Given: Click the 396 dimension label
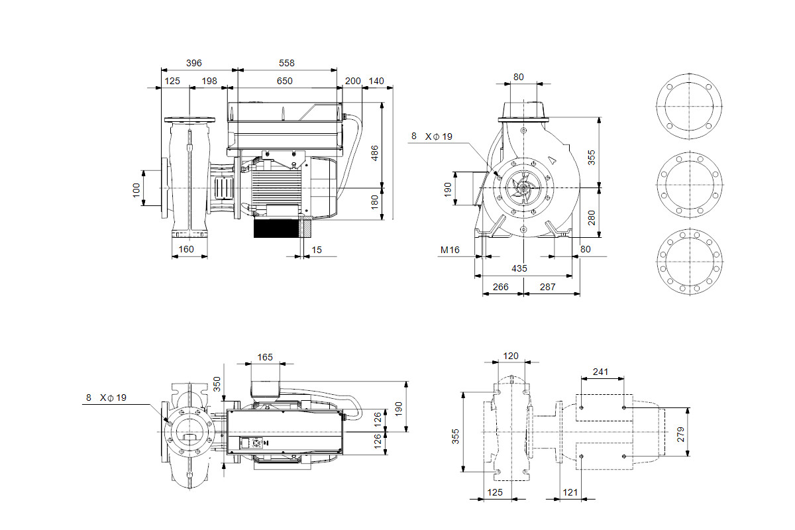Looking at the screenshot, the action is point(193,63).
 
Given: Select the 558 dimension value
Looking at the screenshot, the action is point(286,63).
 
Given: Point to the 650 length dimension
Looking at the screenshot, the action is point(285,81).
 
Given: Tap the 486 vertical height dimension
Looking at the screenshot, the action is point(374,153).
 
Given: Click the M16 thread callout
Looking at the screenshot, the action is point(450,250).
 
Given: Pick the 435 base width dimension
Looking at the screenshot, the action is point(519,268).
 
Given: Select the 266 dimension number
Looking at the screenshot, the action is point(500,287).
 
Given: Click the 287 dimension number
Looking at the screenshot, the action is point(548,287).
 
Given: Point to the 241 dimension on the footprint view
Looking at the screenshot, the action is point(600,372).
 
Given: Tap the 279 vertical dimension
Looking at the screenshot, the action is point(680,434).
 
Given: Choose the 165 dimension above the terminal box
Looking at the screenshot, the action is point(265,357).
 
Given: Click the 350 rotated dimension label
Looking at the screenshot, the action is point(217,384).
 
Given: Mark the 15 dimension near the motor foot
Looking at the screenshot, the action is point(317,250).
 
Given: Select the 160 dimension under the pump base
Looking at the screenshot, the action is point(186,249).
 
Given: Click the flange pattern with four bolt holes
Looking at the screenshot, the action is point(689,106).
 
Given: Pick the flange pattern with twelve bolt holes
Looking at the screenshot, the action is point(690,262).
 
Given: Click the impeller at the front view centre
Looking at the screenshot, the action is point(523,187).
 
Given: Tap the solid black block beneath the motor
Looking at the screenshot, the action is point(276,229).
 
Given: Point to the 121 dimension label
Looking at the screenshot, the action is point(570,492).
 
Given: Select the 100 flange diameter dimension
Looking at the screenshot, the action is point(136,190).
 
